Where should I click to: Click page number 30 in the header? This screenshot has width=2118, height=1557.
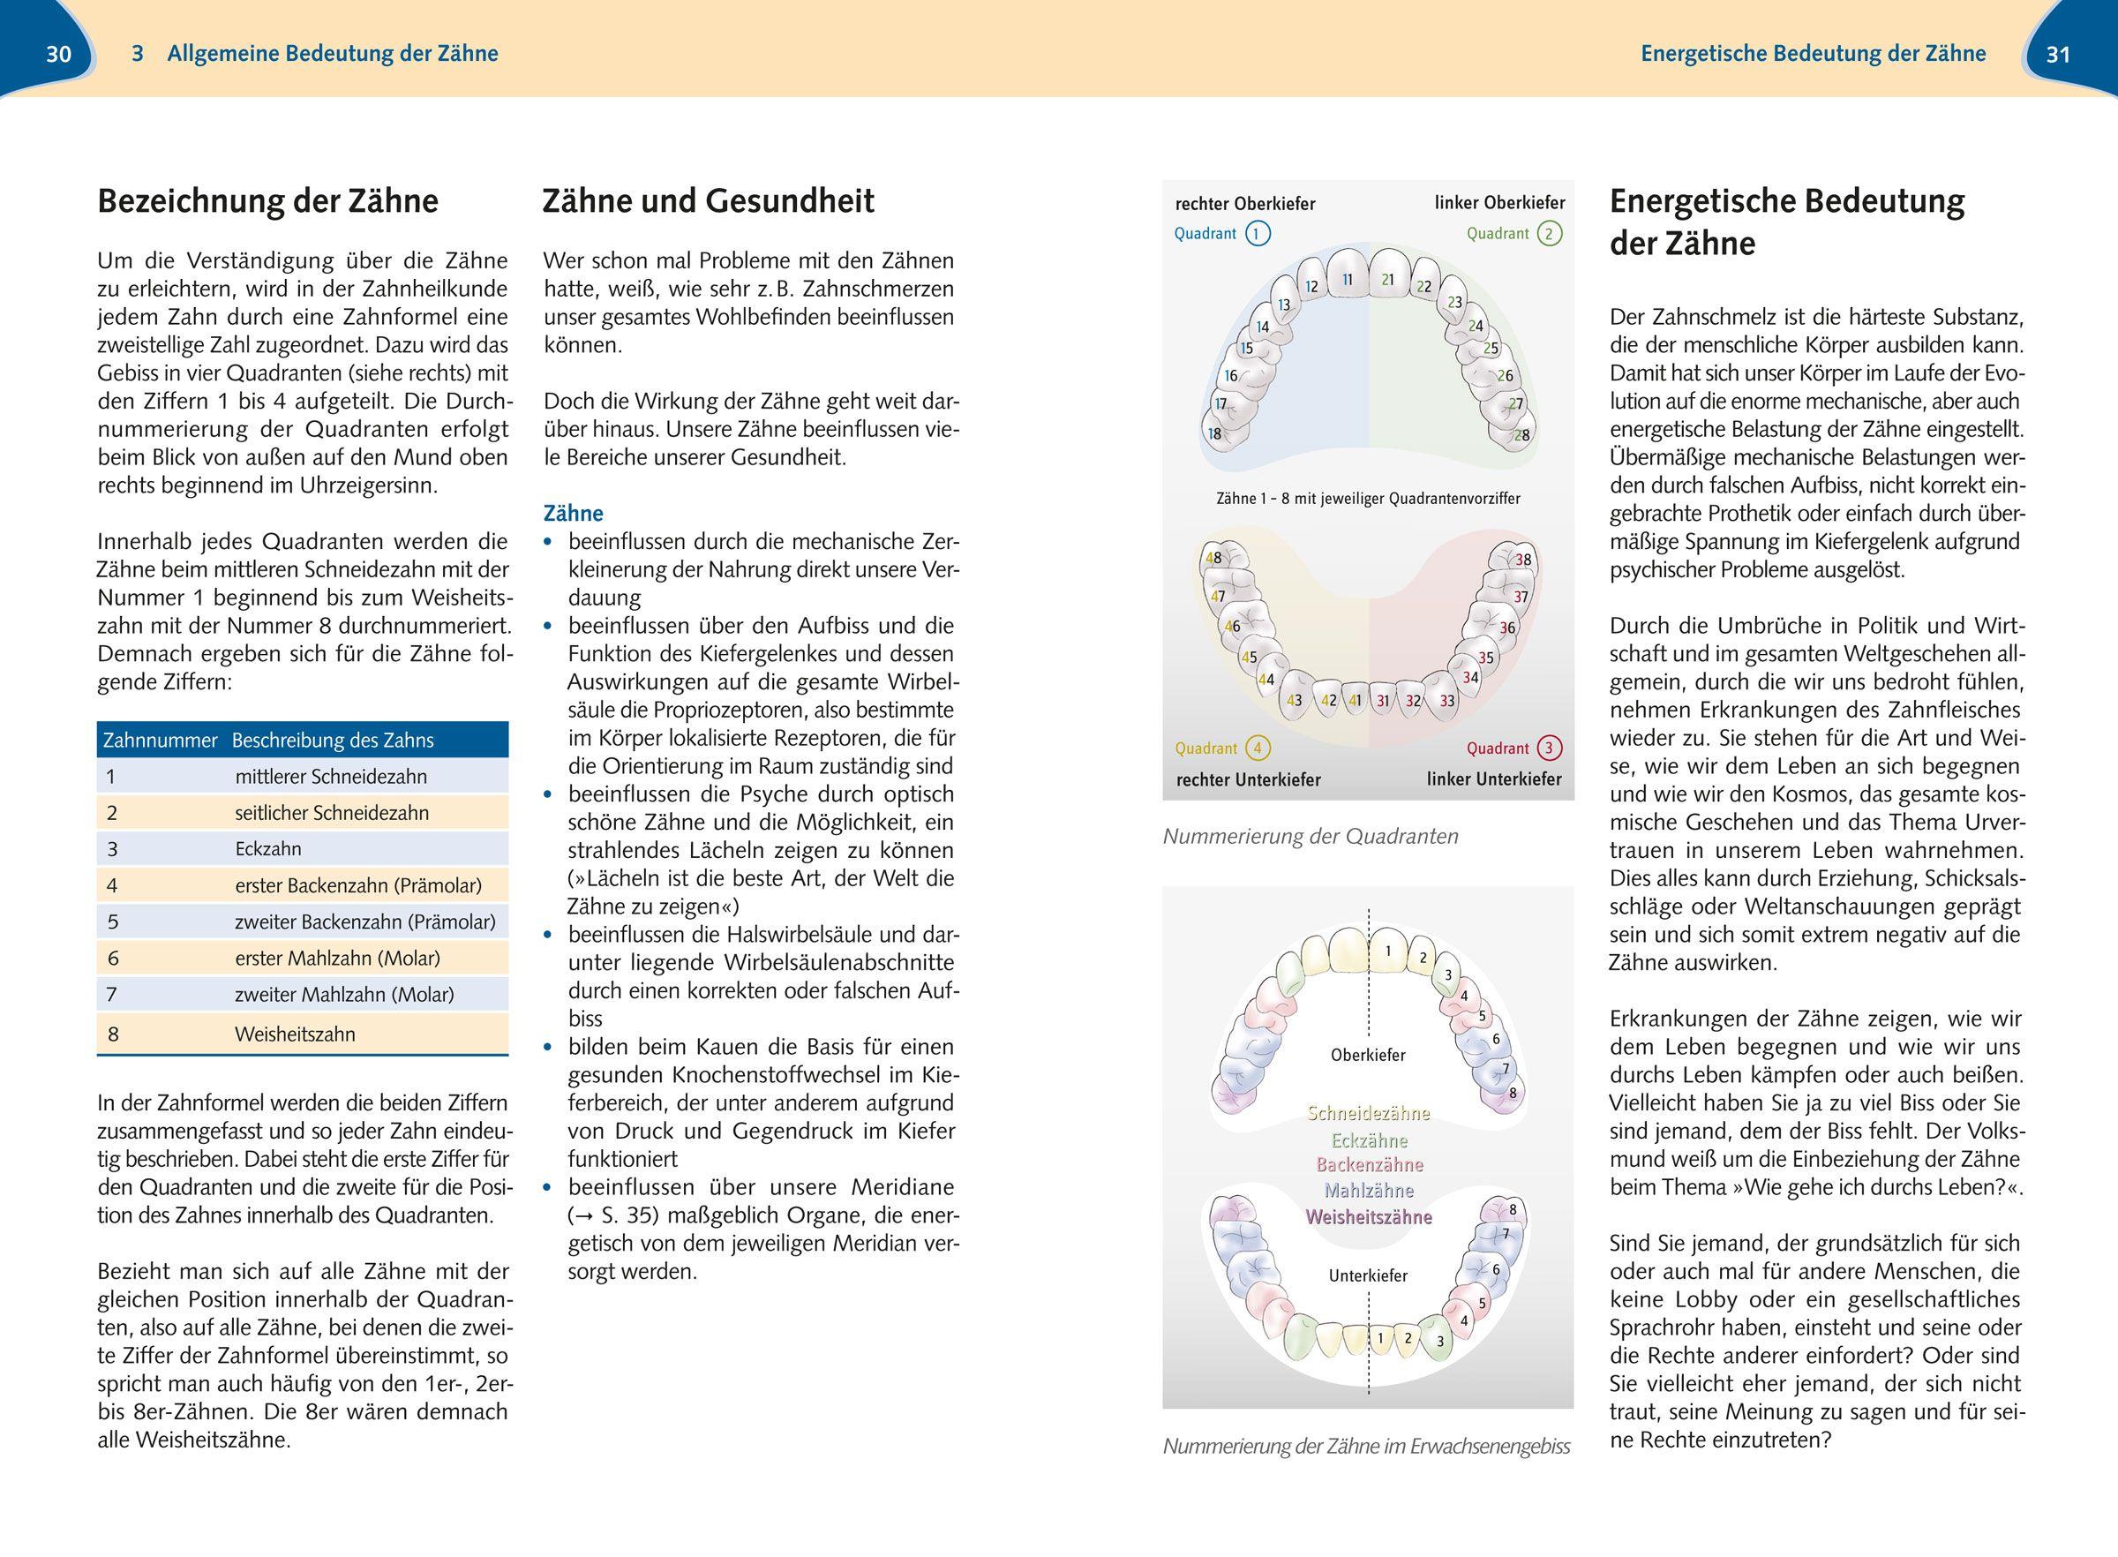click(58, 55)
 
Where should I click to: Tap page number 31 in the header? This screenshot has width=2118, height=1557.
click(2059, 55)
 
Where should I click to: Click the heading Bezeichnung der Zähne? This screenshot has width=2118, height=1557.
click(267, 202)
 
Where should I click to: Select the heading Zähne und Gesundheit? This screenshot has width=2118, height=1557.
click(709, 202)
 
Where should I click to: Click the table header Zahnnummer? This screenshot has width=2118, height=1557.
click(160, 740)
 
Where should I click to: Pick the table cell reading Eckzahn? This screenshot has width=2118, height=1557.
click(268, 849)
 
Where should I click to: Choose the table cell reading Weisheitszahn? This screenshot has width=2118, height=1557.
click(295, 1034)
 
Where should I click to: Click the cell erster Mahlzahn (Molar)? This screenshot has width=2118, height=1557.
click(337, 959)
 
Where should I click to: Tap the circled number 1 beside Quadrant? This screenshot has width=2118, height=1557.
click(1257, 234)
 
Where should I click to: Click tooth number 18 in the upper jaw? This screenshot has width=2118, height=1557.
click(1215, 434)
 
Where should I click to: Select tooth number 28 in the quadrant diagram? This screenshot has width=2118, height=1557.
click(1521, 435)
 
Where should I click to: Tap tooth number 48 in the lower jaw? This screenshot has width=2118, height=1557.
click(1214, 558)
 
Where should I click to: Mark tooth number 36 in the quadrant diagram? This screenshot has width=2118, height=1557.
click(1507, 628)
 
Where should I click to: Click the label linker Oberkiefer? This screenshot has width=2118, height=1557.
click(1500, 203)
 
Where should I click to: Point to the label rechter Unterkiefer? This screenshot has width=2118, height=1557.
click(1249, 780)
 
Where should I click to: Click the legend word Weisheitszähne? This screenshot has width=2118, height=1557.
click(1368, 1217)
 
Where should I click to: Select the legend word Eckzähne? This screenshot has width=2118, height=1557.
click(1368, 1140)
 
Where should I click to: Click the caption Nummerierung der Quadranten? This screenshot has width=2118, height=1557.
click(1310, 836)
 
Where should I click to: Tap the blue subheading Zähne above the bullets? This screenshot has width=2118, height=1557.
click(574, 514)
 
